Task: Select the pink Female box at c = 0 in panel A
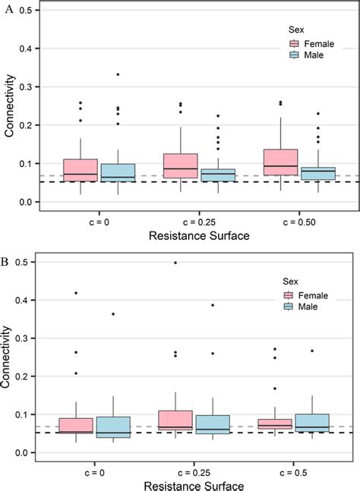pyautogui.click(x=81, y=171)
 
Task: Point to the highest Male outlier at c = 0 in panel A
pyautogui.click(x=118, y=74)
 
